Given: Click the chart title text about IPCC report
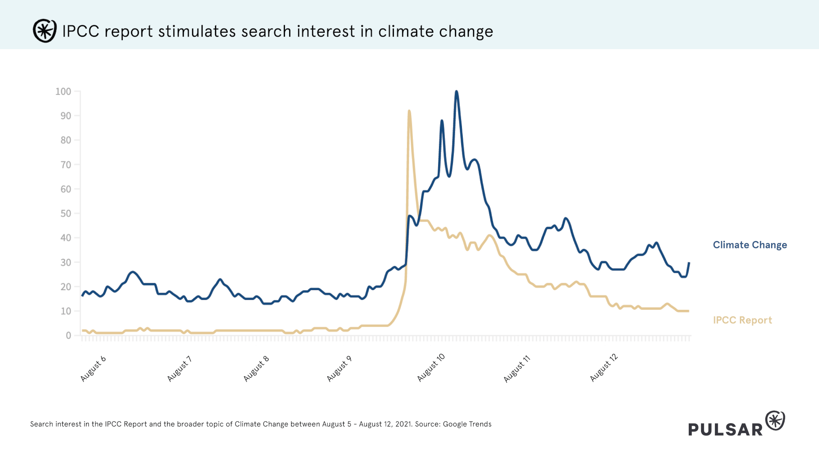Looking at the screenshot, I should pos(277,32).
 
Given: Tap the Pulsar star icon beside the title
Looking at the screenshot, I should pos(45,31).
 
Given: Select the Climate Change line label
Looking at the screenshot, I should pos(750,245).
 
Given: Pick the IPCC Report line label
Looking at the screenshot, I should pos(742,320).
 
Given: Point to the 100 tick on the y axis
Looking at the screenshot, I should pos(63,92).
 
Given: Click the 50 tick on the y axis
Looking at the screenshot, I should pos(66,214).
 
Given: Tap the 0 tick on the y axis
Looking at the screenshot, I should pos(68,336).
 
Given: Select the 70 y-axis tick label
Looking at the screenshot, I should pos(66,165).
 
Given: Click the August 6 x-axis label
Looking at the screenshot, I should pos(93,369).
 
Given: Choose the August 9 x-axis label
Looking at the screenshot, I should pos(339,369).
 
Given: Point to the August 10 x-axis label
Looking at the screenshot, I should pos(431,368).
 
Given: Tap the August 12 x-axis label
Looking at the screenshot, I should pos(604,368).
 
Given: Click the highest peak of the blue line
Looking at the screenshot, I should pos(456,92).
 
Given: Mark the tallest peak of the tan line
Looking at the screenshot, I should pos(409,111).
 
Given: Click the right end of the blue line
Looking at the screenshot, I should pos(689,263).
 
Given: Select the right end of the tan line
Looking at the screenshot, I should pos(688,311).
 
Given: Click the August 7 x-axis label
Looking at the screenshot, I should pos(179,369).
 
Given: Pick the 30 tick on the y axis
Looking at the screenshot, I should pos(66,262).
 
